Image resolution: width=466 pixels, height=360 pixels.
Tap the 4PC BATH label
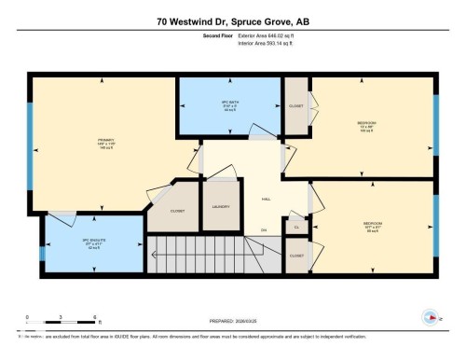coord(229,104)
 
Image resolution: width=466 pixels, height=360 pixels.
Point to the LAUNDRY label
coord(221,206)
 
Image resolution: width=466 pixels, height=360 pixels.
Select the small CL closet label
coord(296,226)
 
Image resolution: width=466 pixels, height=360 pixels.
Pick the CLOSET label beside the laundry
coord(177,211)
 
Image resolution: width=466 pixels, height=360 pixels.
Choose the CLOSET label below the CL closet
coord(296,255)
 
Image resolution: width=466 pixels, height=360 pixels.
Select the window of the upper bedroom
coord(436,126)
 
